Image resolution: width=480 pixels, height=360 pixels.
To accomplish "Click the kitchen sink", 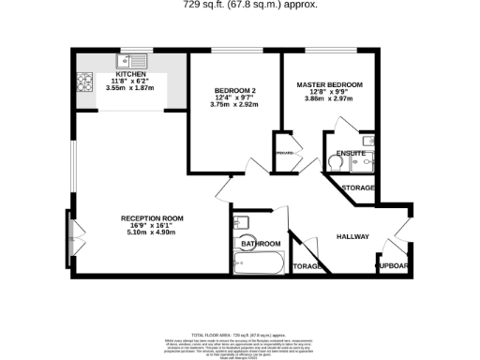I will click(128, 63).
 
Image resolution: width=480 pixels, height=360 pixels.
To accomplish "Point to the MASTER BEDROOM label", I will click(329, 85).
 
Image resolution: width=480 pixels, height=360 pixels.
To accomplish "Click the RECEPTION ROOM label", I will click(151, 218).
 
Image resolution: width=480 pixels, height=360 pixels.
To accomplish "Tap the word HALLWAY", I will click(352, 236).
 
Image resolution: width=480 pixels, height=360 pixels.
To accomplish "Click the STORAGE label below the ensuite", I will click(358, 188).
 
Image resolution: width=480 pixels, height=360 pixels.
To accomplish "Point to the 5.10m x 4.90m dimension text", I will click(151, 232).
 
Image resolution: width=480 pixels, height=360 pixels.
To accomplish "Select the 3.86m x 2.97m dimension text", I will click(329, 98).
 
